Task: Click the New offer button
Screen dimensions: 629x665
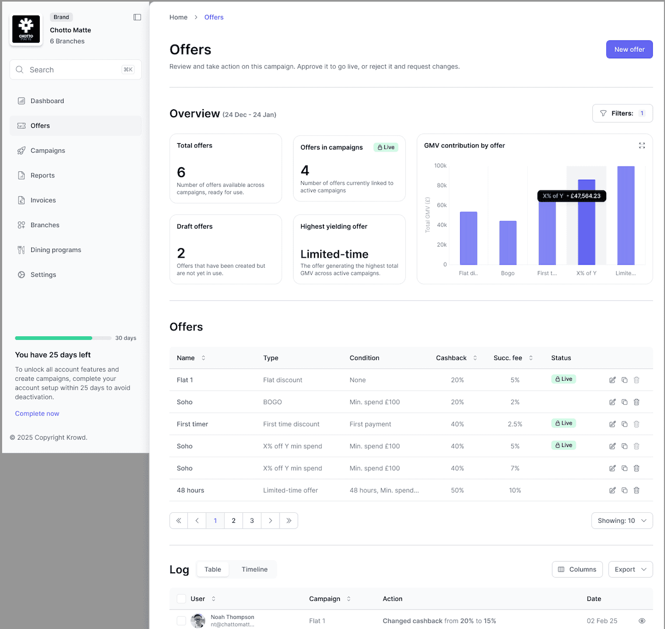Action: [629, 49]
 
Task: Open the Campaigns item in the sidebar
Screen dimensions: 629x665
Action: [48, 151]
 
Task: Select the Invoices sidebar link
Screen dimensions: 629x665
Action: [43, 200]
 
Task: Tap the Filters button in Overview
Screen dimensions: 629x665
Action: [622, 113]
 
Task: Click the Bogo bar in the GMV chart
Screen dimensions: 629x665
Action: [507, 243]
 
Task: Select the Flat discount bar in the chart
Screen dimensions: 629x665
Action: [468, 238]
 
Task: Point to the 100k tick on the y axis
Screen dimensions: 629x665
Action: [440, 166]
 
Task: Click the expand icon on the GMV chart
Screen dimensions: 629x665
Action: [642, 145]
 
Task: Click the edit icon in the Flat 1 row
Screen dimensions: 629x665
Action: [612, 380]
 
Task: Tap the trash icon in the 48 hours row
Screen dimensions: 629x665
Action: [636, 491]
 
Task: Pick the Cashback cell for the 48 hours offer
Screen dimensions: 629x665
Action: [457, 491]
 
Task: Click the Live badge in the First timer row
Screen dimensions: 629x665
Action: [564, 423]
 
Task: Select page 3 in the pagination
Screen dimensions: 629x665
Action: [252, 521]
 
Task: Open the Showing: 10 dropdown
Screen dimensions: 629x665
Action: [622, 521]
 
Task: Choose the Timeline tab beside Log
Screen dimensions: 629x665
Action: [255, 570]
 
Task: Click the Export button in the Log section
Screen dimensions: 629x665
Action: [630, 570]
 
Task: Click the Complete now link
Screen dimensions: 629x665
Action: [37, 414]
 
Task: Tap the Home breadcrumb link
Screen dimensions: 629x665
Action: [178, 18]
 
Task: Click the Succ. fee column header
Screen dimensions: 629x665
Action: [508, 358]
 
